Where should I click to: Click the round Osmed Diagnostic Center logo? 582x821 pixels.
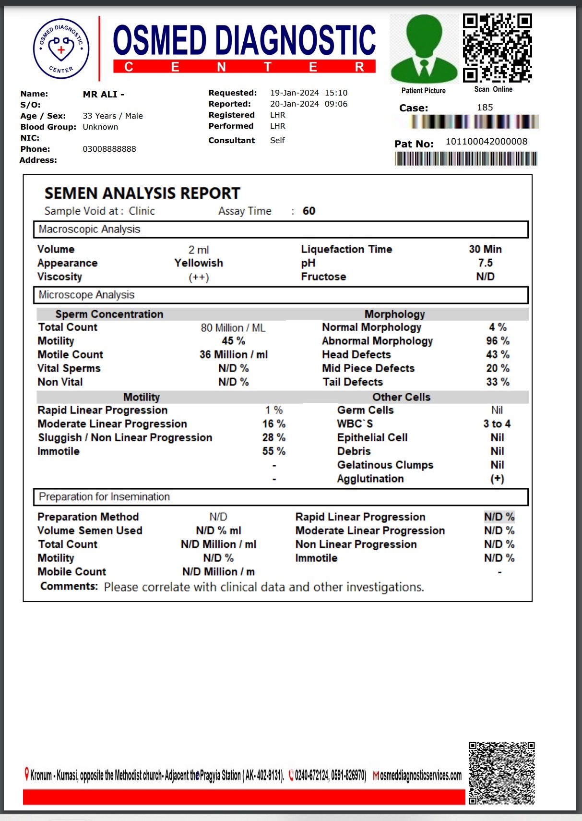[61, 48]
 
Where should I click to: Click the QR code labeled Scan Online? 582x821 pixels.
[497, 48]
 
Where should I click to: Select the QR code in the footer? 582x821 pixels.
[501, 773]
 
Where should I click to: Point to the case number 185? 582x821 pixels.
[485, 108]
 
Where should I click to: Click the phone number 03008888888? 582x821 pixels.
[109, 149]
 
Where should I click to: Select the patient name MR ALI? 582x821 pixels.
[103, 95]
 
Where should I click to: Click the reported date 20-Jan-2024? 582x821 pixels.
[294, 104]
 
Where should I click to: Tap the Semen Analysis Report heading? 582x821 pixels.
[142, 193]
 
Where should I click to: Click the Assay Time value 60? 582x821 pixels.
[309, 211]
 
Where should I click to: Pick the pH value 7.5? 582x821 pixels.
[485, 263]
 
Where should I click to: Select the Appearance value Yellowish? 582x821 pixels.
[199, 263]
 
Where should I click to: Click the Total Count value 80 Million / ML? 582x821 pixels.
[233, 328]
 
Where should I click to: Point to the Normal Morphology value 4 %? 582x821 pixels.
[498, 327]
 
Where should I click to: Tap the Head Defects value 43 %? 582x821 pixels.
[498, 354]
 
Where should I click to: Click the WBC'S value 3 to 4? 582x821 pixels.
[497, 424]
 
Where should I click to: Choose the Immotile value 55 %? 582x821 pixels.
[273, 451]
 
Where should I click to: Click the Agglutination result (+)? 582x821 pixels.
[497, 479]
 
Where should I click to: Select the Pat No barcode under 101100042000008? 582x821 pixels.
[465, 158]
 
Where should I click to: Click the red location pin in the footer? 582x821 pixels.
[27, 773]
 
